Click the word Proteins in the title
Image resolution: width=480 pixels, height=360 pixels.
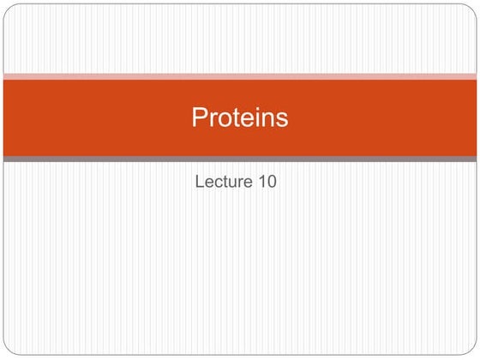[x=239, y=117]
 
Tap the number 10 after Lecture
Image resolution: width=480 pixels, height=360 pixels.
[x=267, y=181]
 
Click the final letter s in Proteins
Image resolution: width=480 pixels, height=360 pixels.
[x=282, y=119]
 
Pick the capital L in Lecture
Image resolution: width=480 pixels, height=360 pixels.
[x=201, y=181]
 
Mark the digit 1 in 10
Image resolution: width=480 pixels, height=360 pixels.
[x=261, y=181]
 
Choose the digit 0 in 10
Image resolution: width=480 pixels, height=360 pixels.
[x=271, y=181]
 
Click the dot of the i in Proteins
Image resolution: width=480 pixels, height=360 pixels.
[x=257, y=109]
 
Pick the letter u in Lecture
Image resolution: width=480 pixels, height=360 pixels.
[x=232, y=183]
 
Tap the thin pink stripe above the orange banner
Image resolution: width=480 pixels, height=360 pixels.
[x=240, y=76]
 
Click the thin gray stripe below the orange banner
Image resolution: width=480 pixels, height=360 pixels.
[x=240, y=159]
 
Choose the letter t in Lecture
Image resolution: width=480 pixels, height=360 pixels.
[x=226, y=182]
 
